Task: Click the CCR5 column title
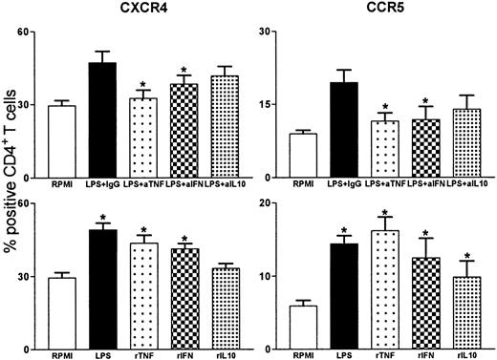click(x=379, y=11)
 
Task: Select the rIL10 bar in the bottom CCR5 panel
click(x=472, y=313)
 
